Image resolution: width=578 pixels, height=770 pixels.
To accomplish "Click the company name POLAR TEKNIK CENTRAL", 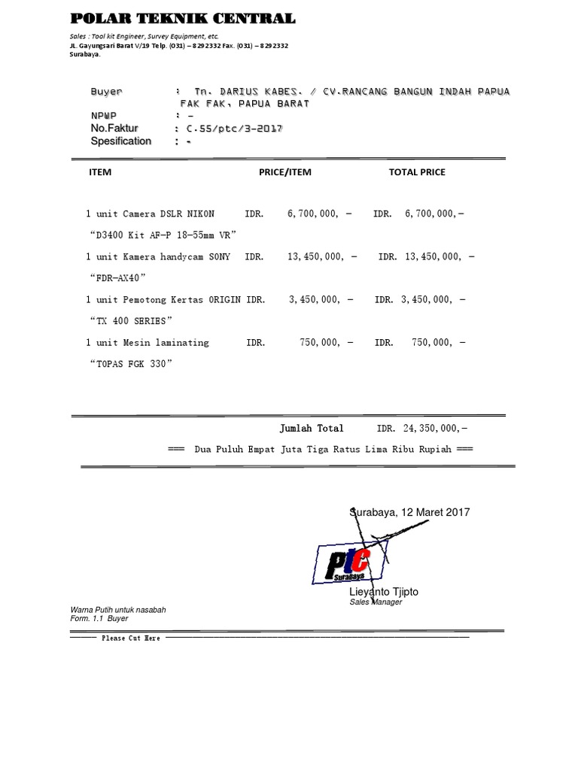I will click(182, 19).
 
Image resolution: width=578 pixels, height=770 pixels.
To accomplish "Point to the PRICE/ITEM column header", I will click(284, 172).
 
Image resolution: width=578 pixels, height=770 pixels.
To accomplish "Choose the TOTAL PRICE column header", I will click(416, 172).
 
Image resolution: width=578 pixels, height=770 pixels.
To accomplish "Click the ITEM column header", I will click(100, 172).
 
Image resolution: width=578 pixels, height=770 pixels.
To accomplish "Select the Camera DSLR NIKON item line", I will click(151, 214).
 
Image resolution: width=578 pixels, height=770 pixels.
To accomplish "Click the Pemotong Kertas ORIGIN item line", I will click(163, 299).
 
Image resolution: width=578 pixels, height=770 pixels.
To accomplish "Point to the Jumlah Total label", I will click(312, 429).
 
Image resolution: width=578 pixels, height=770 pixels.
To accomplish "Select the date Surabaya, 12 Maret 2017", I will click(410, 512).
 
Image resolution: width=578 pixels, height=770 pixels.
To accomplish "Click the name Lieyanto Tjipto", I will click(384, 592).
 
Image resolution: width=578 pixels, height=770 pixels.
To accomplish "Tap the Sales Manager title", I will click(376, 602).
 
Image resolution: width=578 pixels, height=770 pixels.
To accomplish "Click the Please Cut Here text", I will click(131, 638).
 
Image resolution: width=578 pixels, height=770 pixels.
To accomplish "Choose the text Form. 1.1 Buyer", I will click(99, 619).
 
